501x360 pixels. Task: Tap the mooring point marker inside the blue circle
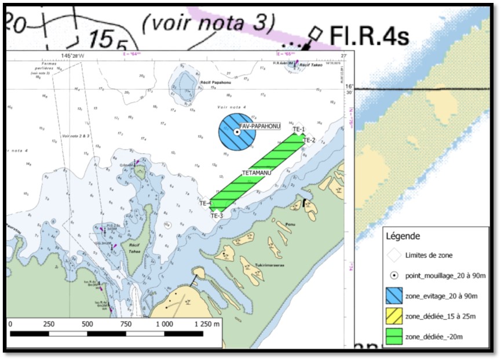[x=237, y=132]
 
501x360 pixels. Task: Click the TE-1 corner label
[x=299, y=129]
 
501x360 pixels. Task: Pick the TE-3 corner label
[x=217, y=215]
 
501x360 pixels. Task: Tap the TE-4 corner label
[x=206, y=203]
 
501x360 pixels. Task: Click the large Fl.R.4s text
[x=369, y=35]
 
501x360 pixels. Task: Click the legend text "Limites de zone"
[x=430, y=255]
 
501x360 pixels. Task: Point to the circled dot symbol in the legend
[x=394, y=275]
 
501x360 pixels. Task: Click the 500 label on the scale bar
[x=87, y=323]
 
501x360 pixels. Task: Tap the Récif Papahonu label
[x=211, y=83]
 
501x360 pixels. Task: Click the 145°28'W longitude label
[x=72, y=56]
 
